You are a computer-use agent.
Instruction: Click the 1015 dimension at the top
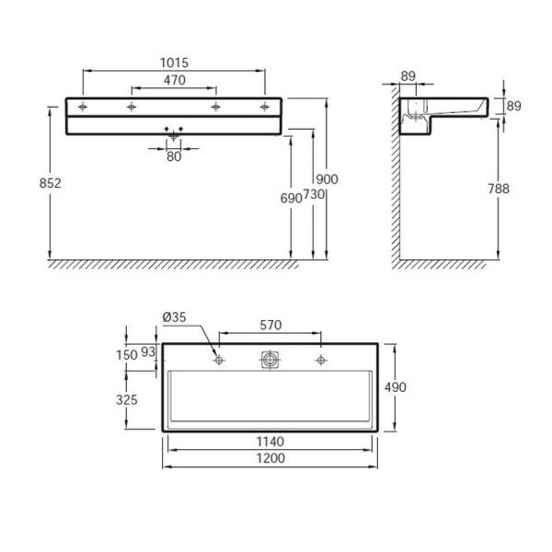point(173,63)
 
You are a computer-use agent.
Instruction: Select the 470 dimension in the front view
point(174,81)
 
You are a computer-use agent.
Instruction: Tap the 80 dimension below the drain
point(174,156)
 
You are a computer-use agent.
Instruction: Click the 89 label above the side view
point(410,76)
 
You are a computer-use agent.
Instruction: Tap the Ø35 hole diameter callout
point(174,317)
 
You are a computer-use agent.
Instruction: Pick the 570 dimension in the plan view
point(270,325)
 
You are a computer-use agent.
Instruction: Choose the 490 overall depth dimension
point(396,386)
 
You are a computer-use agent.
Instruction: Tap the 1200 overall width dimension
point(270,458)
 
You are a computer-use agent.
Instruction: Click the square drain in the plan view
point(270,360)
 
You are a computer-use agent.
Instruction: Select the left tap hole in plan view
point(219,360)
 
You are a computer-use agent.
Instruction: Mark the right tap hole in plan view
point(320,360)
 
